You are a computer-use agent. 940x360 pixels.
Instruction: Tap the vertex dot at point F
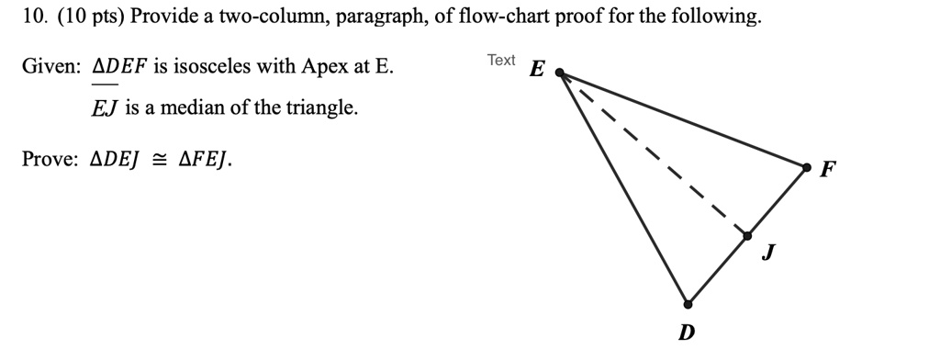pyautogui.click(x=807, y=167)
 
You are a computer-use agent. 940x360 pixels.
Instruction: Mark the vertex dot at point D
pyautogui.click(x=688, y=304)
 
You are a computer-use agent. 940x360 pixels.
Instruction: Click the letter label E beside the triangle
pyautogui.click(x=538, y=70)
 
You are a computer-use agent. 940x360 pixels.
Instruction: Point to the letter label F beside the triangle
pyautogui.click(x=828, y=170)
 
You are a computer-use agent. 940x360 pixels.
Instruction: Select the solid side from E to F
pyautogui.click(x=684, y=119)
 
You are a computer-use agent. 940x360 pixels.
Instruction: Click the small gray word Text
pyautogui.click(x=501, y=61)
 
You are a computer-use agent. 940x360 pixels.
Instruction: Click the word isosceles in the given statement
pyautogui.click(x=214, y=67)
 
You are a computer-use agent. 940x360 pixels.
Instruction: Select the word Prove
pyautogui.click(x=48, y=160)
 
